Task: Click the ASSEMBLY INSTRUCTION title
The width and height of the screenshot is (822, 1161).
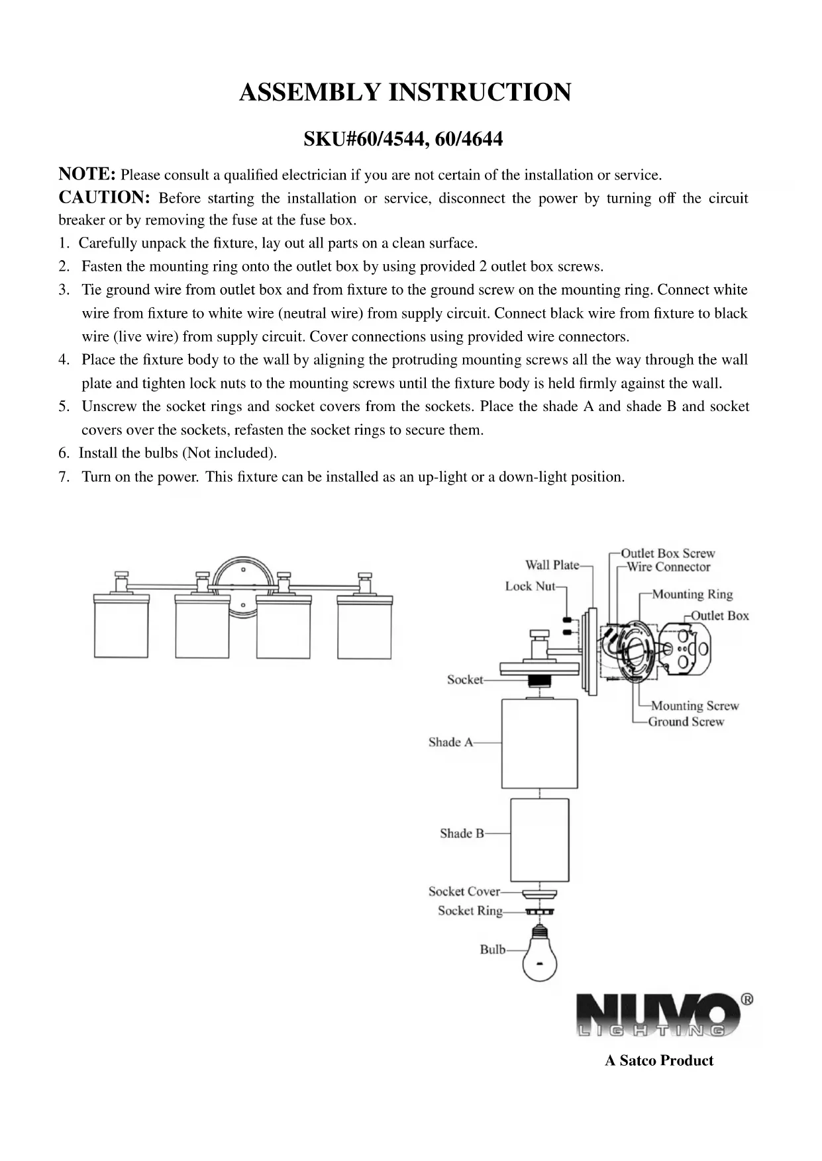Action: coord(405,93)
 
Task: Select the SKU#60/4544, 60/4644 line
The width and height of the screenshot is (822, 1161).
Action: coord(403,140)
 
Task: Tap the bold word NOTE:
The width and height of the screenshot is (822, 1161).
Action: coord(87,174)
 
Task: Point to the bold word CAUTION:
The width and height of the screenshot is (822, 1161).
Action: coord(105,198)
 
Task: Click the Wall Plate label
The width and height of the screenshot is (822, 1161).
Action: coord(552,565)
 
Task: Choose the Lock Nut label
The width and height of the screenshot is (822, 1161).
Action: coord(530,586)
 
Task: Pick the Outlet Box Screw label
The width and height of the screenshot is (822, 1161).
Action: coord(668,553)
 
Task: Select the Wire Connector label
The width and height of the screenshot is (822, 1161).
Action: coord(668,567)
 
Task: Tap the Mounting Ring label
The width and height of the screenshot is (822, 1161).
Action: coord(692,594)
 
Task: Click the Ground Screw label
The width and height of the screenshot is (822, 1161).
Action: coord(686,722)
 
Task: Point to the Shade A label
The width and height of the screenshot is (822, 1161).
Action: coord(450,743)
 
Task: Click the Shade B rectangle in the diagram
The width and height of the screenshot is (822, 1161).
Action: coord(539,840)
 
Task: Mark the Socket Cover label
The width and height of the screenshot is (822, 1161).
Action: coord(464,892)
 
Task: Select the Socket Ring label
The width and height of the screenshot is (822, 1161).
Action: coord(470,911)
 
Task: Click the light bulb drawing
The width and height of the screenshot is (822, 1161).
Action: coord(540,954)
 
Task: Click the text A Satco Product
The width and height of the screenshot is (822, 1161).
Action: coord(659,1060)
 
